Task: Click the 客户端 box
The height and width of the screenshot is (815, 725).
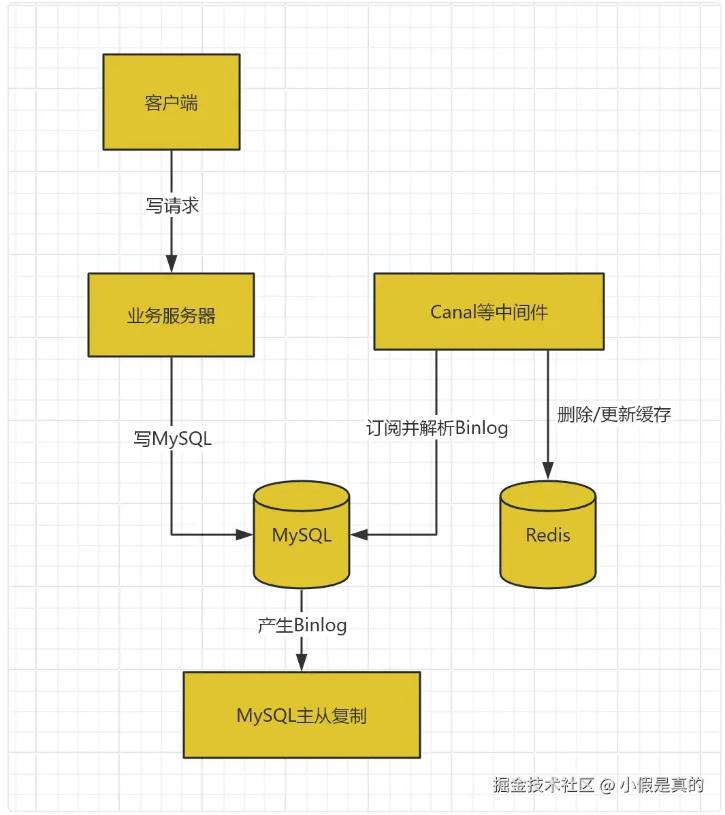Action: pyautogui.click(x=172, y=102)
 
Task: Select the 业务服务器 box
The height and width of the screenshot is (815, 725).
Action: pyautogui.click(x=171, y=315)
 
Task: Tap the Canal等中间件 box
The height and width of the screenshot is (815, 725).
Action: pyautogui.click(x=489, y=312)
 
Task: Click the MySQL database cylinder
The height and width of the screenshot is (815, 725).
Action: pyautogui.click(x=302, y=534)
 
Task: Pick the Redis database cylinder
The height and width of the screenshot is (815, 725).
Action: pyautogui.click(x=547, y=534)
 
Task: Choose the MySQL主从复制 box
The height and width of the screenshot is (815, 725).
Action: pyautogui.click(x=302, y=715)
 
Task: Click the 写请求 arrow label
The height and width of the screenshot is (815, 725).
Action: pyautogui.click(x=172, y=206)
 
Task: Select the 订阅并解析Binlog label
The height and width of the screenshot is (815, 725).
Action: pyautogui.click(x=437, y=429)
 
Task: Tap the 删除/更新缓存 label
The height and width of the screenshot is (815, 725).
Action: pyautogui.click(x=614, y=415)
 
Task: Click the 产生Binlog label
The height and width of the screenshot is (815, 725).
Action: pyautogui.click(x=302, y=625)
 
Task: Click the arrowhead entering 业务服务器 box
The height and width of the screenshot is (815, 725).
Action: pyautogui.click(x=172, y=263)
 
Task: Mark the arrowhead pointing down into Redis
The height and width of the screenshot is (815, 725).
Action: pyautogui.click(x=547, y=470)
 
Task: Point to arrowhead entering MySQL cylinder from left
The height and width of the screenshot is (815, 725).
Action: pyautogui.click(x=244, y=534)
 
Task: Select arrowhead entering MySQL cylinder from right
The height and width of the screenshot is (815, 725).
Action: pyautogui.click(x=359, y=534)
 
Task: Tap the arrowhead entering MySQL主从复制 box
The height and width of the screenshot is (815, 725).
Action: pyautogui.click(x=302, y=662)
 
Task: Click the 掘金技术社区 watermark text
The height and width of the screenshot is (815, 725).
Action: pyautogui.click(x=543, y=784)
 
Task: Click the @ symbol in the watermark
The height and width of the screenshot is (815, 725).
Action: pyautogui.click(x=607, y=785)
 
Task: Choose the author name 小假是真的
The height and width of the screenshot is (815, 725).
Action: pyautogui.click(x=662, y=784)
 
